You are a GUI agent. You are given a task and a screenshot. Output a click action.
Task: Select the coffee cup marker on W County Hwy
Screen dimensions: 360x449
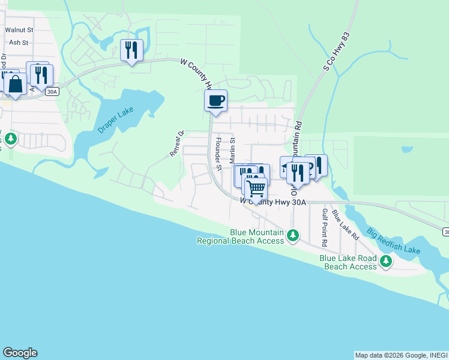point(216,100)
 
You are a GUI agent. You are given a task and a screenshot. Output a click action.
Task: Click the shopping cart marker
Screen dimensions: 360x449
point(256,188)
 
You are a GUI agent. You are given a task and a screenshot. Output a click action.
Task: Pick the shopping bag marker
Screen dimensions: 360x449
point(15,85)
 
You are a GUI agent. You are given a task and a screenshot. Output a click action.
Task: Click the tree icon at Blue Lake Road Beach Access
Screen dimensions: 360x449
point(385,262)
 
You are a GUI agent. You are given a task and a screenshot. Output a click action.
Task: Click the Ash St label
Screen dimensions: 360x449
point(16,43)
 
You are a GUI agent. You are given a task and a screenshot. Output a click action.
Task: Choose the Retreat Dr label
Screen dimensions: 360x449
point(176,144)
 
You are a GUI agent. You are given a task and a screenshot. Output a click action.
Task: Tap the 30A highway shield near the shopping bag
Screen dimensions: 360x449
point(52,91)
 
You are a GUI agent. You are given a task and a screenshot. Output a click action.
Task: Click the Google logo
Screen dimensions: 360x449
point(20,353)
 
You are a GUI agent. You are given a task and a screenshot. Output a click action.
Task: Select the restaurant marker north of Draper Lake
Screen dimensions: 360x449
point(131,50)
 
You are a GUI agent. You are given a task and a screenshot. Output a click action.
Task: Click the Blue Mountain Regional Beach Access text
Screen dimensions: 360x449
point(240,236)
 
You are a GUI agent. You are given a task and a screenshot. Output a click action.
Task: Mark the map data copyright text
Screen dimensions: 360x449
point(400,355)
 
